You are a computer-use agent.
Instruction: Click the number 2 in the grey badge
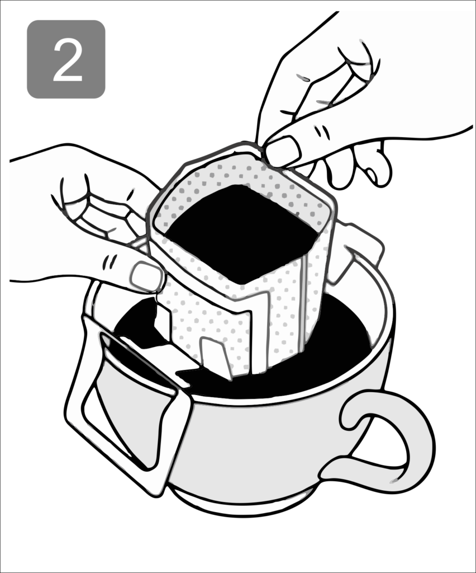click(68, 60)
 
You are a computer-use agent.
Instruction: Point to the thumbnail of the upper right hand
click(283, 151)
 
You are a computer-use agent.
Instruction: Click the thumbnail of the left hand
click(146, 276)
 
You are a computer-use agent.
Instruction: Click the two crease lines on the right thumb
click(322, 131)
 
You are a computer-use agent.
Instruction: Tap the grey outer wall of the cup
click(263, 446)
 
